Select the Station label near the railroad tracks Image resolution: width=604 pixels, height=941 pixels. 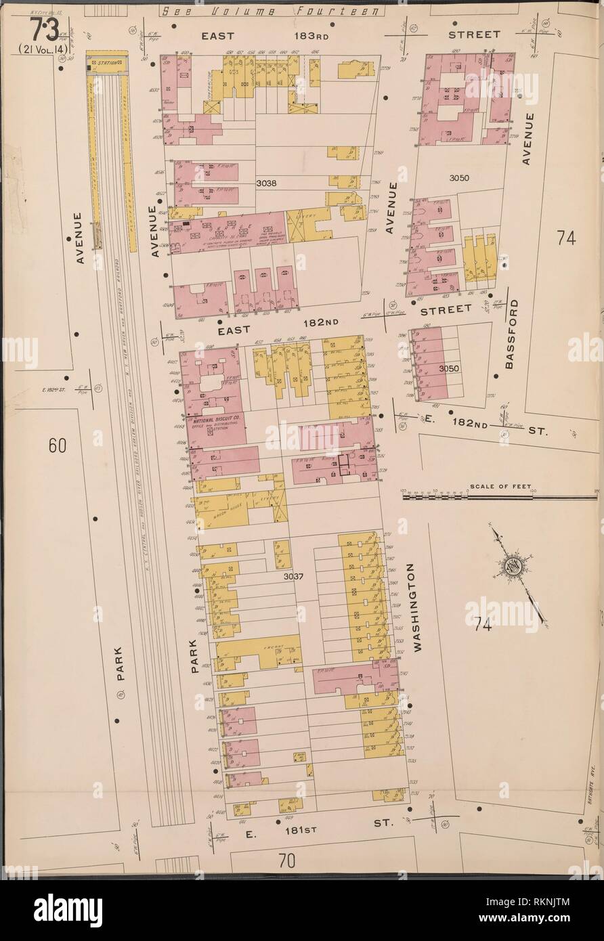pos(108,63)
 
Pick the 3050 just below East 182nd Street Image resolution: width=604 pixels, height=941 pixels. pos(450,368)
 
